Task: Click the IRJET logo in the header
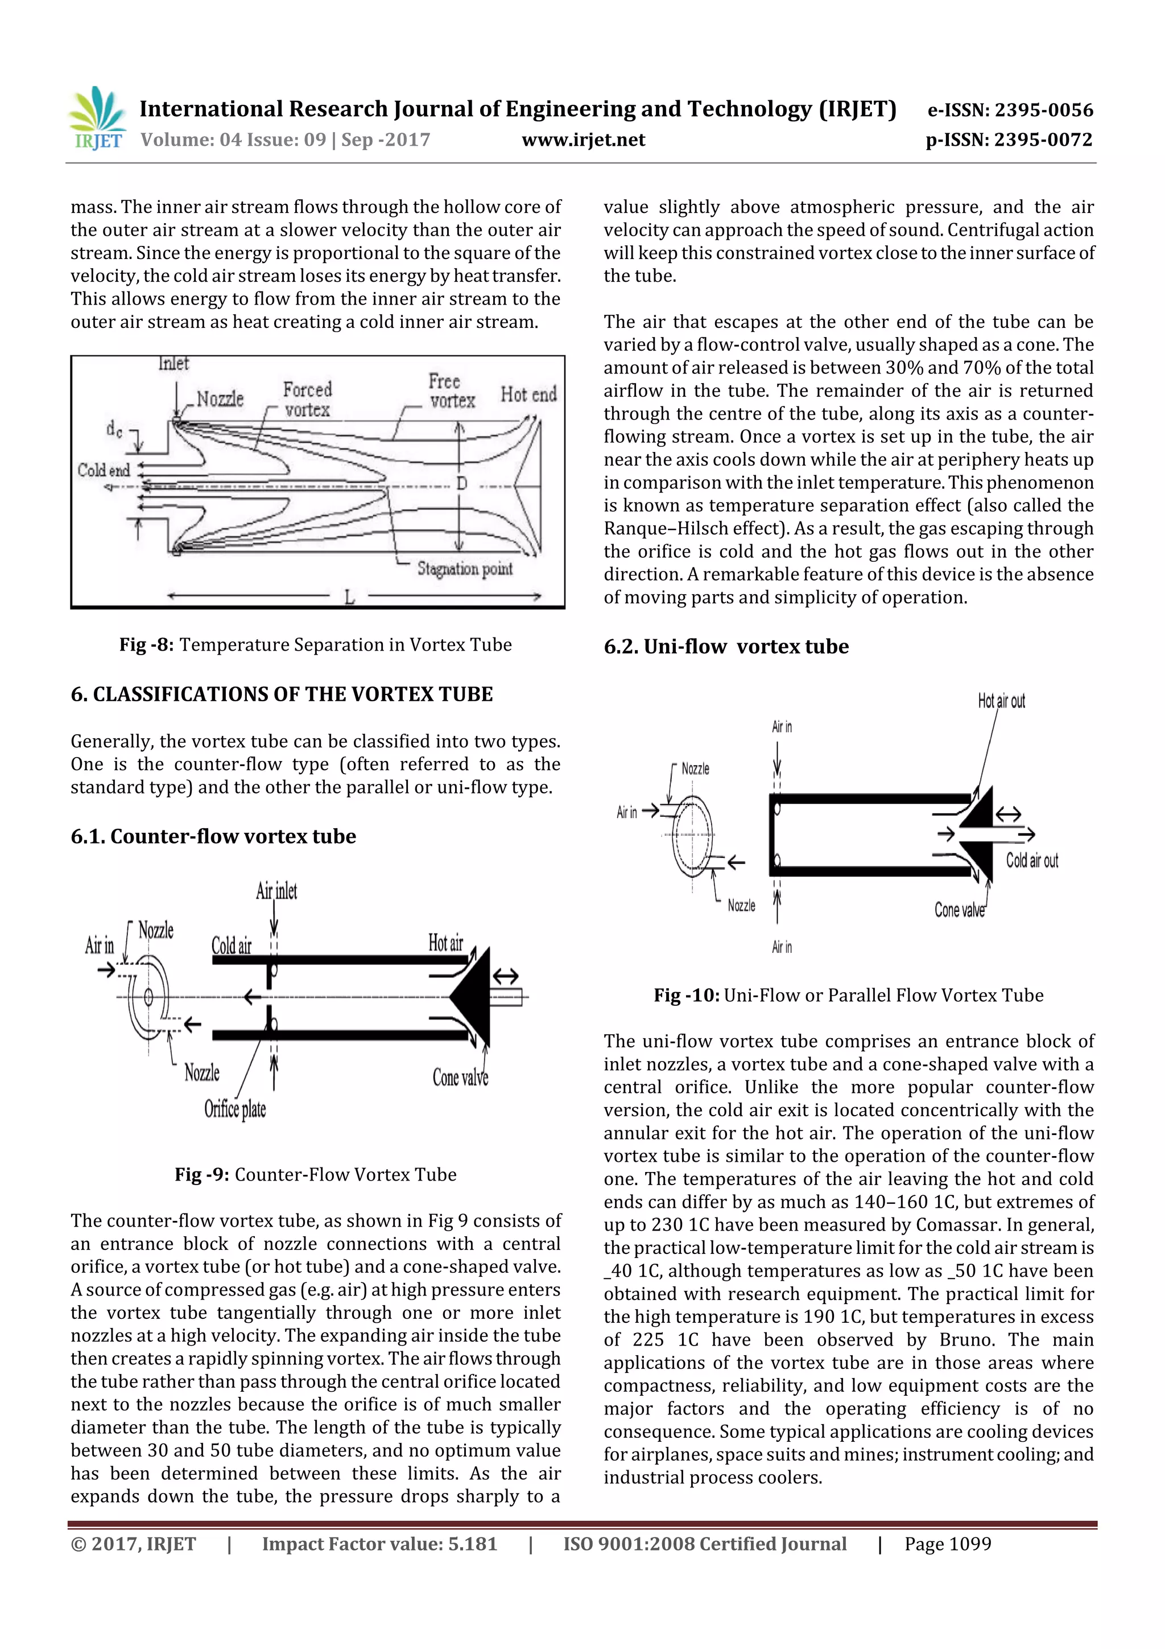tap(96, 118)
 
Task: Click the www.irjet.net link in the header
tap(583, 140)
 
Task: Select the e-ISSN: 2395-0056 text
tap(1010, 110)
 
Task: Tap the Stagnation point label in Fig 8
tap(464, 569)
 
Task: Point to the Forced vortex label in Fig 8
tap(307, 400)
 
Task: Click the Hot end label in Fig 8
tap(528, 394)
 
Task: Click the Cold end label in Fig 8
tap(104, 470)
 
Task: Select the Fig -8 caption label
tap(146, 645)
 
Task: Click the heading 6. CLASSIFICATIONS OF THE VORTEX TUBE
tap(282, 694)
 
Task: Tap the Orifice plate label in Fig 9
tap(235, 1109)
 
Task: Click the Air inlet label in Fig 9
tap(276, 891)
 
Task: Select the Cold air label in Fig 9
tap(231, 945)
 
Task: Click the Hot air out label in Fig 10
tap(1001, 701)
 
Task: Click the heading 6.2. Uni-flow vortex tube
tap(726, 647)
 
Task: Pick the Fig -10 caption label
tap(686, 996)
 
